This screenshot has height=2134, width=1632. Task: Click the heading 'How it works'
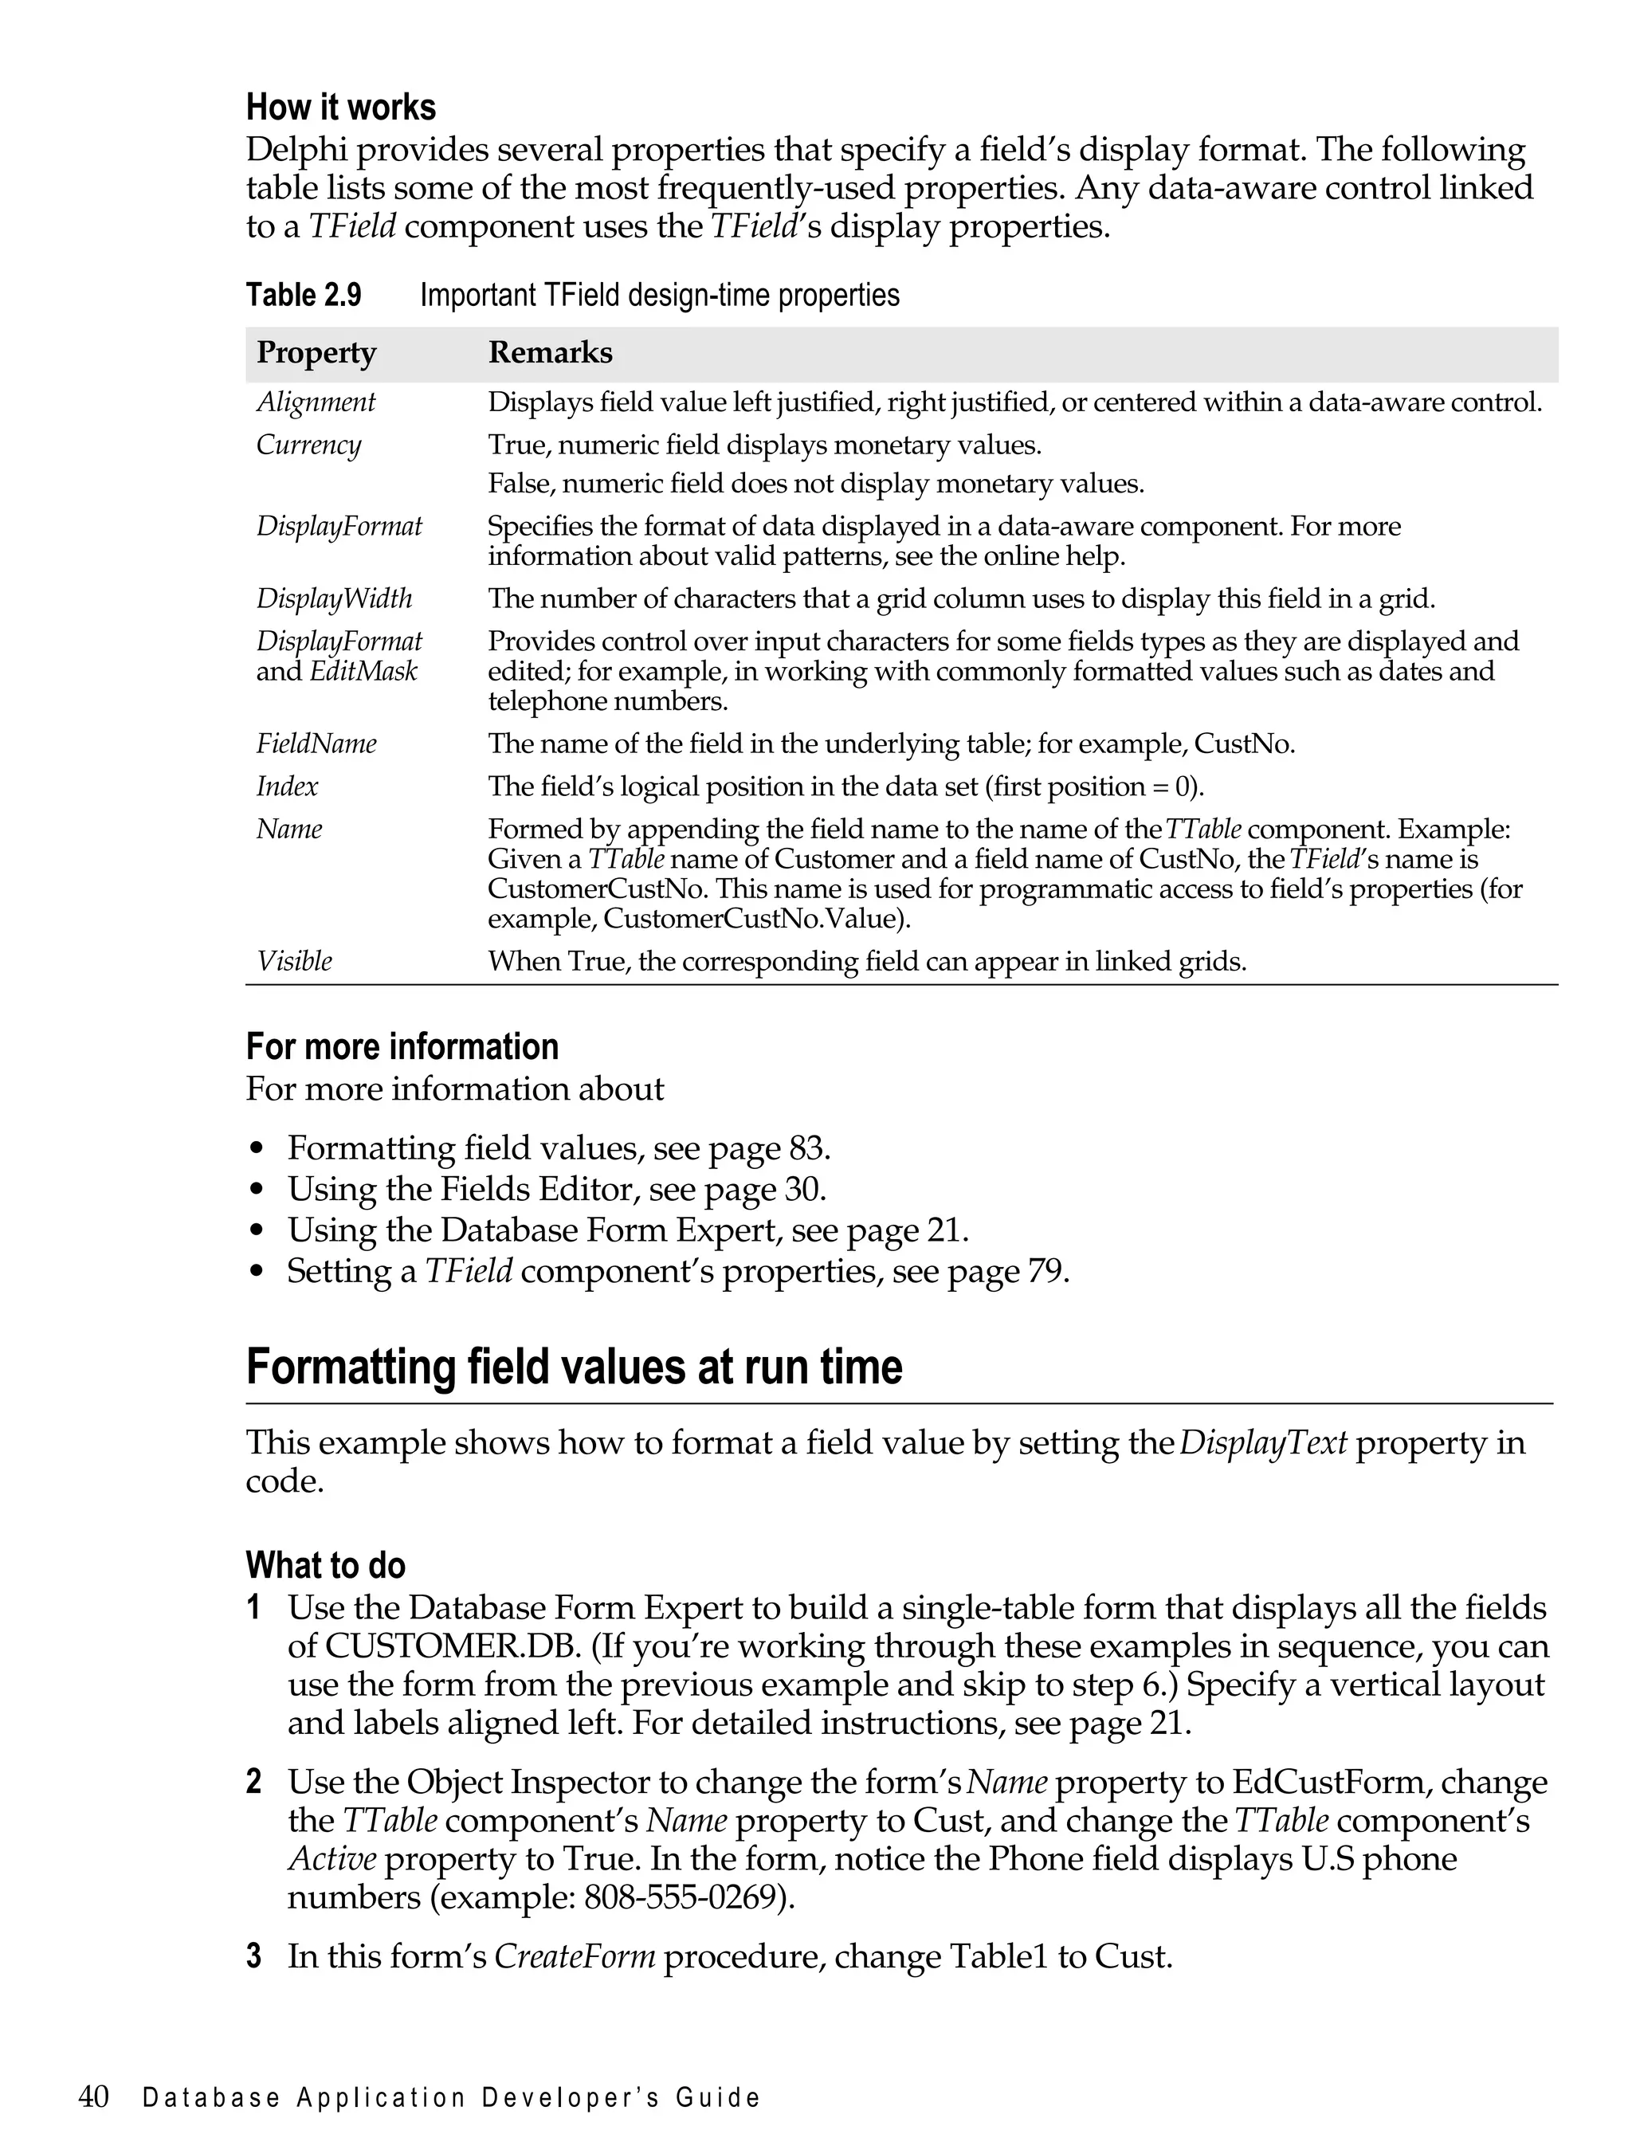(341, 108)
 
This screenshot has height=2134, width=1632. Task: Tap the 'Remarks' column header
(550, 352)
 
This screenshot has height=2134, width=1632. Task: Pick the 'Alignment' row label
(316, 402)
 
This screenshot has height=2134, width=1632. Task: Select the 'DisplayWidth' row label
(334, 598)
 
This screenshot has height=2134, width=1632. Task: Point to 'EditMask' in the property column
(363, 671)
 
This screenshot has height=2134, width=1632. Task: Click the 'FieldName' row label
(316, 744)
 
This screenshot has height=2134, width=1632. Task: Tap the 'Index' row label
(287, 787)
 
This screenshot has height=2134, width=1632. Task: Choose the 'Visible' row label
(293, 962)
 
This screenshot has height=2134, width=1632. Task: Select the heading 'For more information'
(402, 1047)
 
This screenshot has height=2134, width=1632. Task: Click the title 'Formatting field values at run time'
(574, 1367)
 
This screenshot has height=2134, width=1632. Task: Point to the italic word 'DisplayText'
(1263, 1442)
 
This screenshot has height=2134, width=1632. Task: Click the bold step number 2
(253, 1782)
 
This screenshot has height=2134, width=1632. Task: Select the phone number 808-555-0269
(679, 1897)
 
